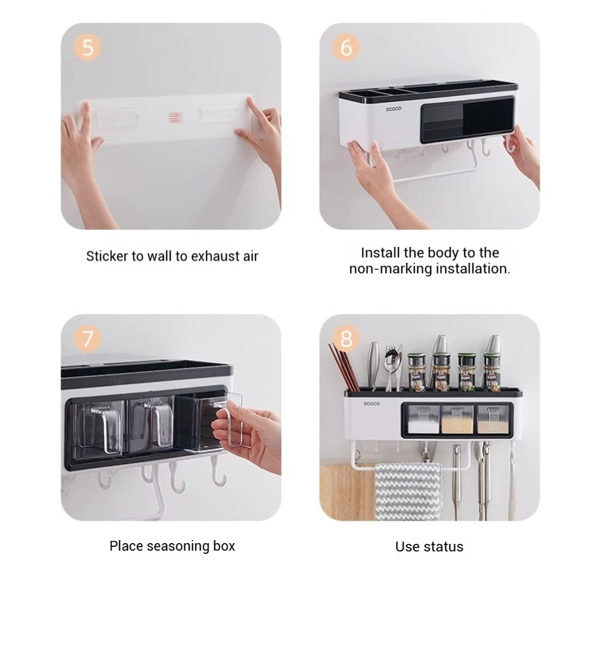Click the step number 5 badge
[88, 47]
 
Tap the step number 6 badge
[346, 47]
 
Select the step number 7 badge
[88, 338]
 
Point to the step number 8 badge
[346, 338]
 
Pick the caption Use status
[429, 547]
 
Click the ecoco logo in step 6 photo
[393, 109]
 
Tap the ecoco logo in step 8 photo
[372, 403]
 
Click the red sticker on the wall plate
[175, 118]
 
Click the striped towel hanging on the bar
[407, 491]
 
